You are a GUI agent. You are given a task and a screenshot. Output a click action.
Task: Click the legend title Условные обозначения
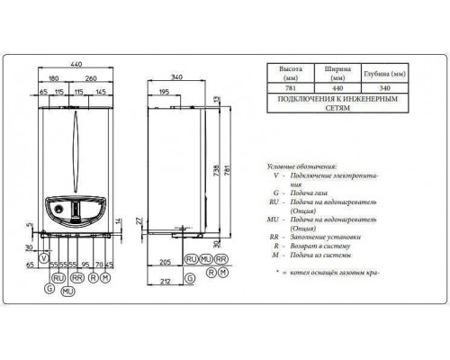coord(301,167)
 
